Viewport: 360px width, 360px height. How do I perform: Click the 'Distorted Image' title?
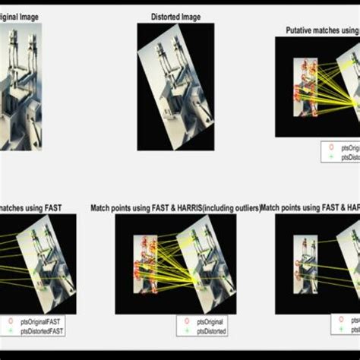click(x=175, y=16)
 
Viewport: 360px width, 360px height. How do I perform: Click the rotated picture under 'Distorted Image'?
click(x=175, y=86)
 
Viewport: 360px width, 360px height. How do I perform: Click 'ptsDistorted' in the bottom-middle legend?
click(x=211, y=331)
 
